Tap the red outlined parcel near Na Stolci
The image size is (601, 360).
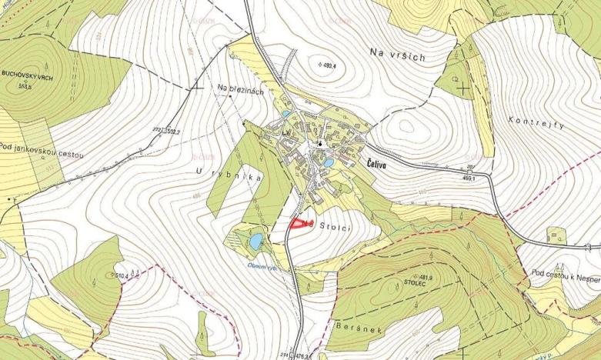pyautogui.click(x=298, y=224)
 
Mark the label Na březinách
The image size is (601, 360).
pyautogui.click(x=241, y=91)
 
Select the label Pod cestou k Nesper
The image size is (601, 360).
pyautogui.click(x=564, y=273)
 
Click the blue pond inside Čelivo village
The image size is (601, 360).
pyautogui.click(x=327, y=164)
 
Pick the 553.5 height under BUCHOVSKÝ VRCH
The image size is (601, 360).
pyautogui.click(x=27, y=86)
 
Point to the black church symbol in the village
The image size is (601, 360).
pyautogui.click(x=319, y=143)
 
